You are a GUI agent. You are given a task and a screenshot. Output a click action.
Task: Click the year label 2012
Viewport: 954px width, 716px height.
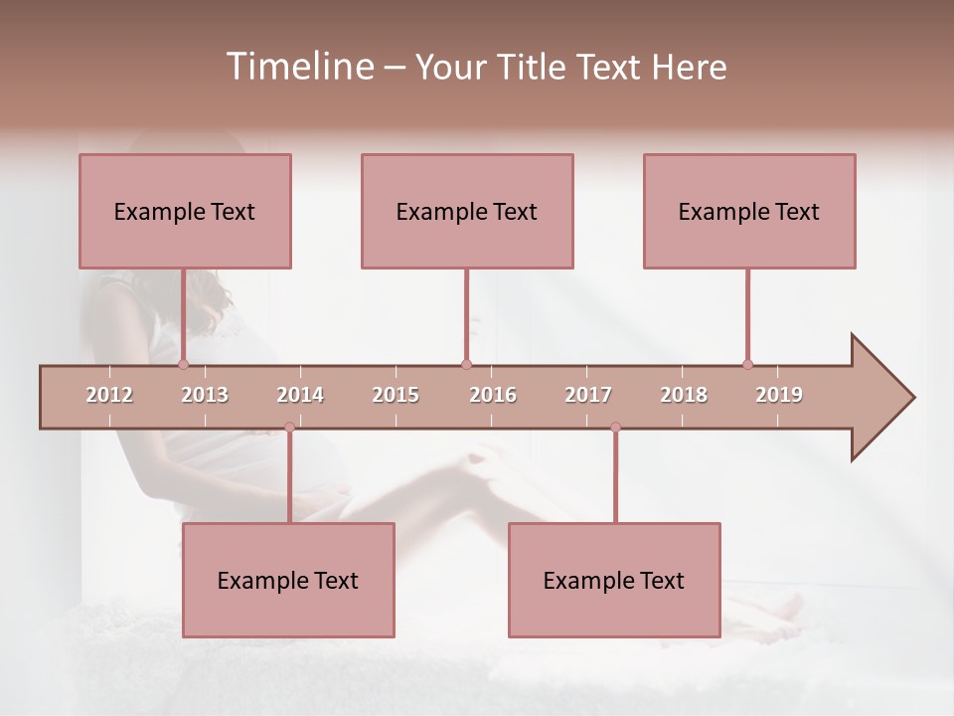(109, 395)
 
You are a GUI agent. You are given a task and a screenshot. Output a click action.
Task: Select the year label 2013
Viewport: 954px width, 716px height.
(205, 395)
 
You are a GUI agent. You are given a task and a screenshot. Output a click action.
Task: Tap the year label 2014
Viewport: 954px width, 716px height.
(300, 395)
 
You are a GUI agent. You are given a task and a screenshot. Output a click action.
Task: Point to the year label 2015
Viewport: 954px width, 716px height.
(396, 395)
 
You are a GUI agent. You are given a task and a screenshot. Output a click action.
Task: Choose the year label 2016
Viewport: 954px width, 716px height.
(493, 395)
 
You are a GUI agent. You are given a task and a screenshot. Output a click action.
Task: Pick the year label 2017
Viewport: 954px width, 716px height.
(588, 395)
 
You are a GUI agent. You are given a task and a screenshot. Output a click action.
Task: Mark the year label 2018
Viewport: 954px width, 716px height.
(684, 395)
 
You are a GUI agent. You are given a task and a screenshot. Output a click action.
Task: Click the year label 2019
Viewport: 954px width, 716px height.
(779, 395)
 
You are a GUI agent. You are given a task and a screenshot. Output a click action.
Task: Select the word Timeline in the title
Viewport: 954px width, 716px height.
(297, 67)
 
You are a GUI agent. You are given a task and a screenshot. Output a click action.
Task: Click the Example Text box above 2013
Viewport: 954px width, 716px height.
(185, 211)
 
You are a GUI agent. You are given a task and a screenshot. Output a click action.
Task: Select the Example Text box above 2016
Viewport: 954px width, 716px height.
(467, 211)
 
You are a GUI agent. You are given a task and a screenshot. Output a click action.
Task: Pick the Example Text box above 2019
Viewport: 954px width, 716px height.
(749, 211)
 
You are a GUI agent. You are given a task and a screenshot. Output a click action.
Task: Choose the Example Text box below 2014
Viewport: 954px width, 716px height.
(288, 580)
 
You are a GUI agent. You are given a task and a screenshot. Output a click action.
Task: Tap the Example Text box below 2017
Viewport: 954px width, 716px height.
(614, 580)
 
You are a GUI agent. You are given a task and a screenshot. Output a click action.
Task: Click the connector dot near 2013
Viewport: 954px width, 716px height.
(183, 364)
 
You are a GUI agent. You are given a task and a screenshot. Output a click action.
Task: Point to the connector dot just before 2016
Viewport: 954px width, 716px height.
(466, 364)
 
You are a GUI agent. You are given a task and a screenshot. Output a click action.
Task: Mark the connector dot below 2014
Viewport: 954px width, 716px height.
(289, 427)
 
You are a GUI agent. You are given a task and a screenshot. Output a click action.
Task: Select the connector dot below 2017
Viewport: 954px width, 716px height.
(615, 427)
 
